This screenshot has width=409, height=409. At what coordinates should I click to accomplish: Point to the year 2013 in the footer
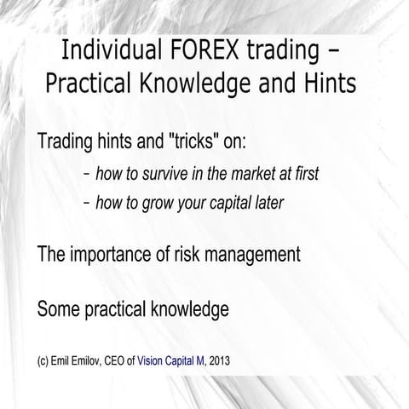(x=219, y=361)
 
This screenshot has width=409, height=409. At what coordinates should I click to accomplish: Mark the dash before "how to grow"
(x=88, y=203)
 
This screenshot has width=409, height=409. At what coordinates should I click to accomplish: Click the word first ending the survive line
(x=304, y=174)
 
